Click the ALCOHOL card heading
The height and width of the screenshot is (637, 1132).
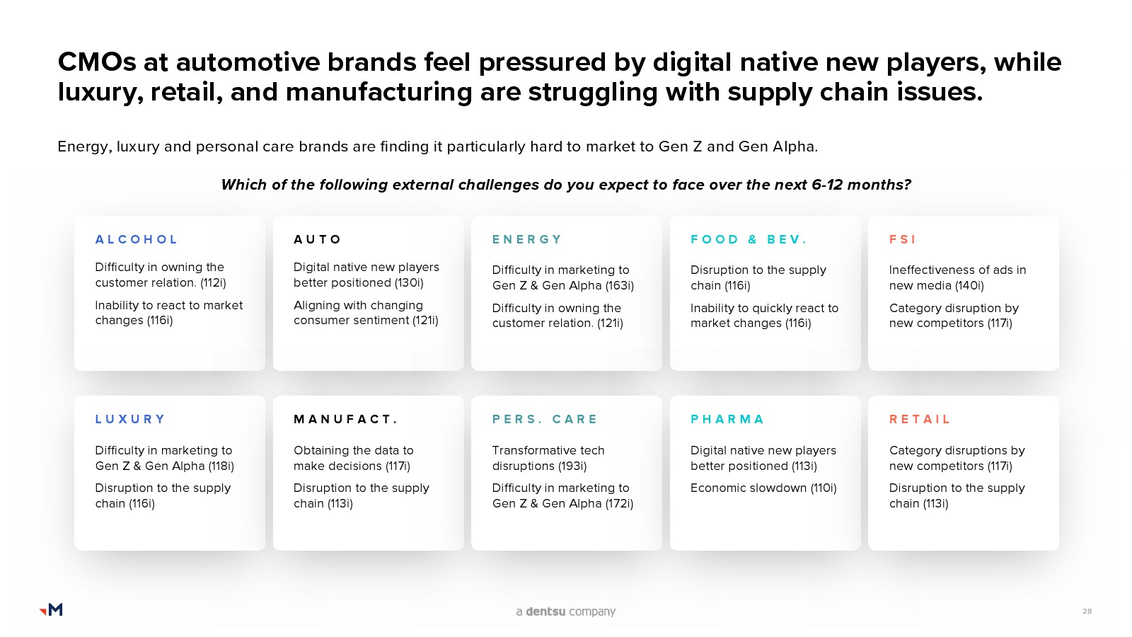(x=136, y=239)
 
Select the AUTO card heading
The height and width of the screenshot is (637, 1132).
(x=318, y=239)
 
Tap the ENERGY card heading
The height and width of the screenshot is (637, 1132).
(x=526, y=239)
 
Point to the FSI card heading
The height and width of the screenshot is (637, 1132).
(x=903, y=239)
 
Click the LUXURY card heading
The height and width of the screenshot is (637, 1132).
(x=130, y=419)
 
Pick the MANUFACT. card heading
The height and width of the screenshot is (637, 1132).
(x=346, y=419)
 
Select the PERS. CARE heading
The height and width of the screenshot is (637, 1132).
(x=545, y=419)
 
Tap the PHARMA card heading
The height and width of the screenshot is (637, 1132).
(x=727, y=419)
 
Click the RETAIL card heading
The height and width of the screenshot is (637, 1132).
(x=920, y=419)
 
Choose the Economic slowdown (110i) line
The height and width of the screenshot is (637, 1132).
(x=763, y=488)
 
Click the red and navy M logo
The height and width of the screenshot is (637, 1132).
(x=51, y=609)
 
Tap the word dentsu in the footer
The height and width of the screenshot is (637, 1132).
(x=545, y=612)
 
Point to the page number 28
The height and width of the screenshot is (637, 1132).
(x=1087, y=612)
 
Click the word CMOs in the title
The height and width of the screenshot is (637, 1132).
(x=97, y=62)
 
